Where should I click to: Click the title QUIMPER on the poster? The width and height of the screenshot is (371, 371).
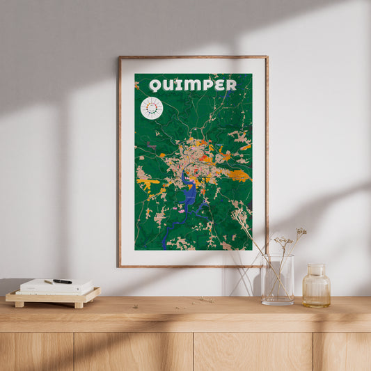[193, 85]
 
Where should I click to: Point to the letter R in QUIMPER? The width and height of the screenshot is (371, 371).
[230, 85]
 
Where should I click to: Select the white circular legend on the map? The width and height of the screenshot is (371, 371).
[151, 108]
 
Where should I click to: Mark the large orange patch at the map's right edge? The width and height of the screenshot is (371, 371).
[239, 175]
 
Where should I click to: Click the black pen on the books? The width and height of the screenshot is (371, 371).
[62, 281]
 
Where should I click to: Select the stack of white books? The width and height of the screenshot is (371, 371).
[56, 286]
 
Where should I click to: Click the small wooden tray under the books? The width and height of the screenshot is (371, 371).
[53, 297]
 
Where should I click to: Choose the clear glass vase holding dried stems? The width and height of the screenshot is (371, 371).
[277, 280]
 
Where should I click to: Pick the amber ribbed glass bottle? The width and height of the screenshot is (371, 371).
[316, 287]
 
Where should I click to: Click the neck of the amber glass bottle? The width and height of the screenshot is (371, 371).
[316, 269]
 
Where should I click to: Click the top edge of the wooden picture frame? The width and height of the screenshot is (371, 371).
[193, 57]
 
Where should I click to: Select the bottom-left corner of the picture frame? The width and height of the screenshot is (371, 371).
[120, 265]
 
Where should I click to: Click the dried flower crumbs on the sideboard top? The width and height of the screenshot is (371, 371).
[205, 300]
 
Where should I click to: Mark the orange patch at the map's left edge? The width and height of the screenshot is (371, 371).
[146, 183]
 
